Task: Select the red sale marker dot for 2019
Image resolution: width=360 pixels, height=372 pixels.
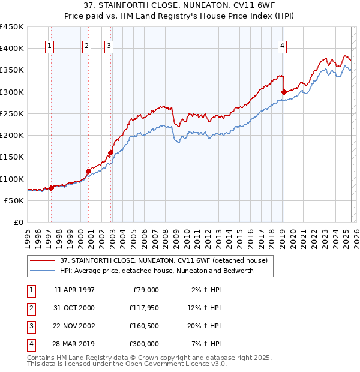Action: (x=284, y=92)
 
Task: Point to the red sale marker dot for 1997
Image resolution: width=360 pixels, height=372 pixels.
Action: (x=51, y=188)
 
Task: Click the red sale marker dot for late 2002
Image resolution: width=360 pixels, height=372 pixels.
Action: (x=110, y=152)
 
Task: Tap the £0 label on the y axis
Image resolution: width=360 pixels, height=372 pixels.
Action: (x=17, y=223)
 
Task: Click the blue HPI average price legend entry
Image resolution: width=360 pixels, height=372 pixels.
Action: (x=157, y=271)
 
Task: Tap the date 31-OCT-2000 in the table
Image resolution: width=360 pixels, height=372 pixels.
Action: (x=74, y=308)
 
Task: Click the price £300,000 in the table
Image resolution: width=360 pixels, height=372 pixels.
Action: (x=143, y=344)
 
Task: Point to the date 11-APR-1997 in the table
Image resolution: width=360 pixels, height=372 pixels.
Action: (x=74, y=290)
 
